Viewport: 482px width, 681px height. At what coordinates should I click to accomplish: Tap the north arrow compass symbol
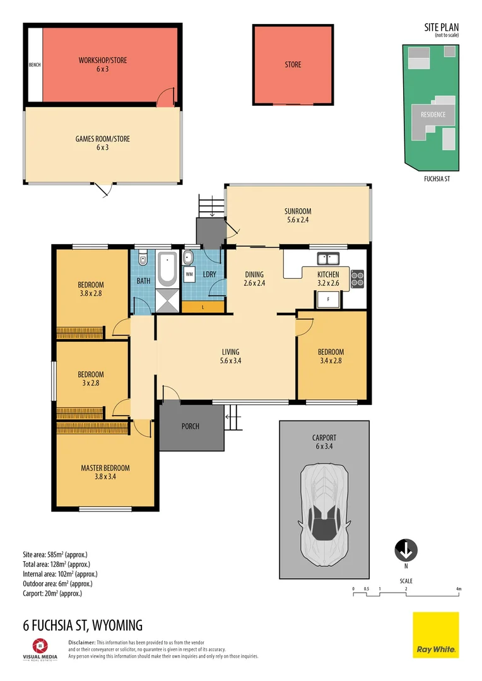click(406, 550)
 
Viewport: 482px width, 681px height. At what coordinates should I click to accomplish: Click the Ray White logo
click(436, 635)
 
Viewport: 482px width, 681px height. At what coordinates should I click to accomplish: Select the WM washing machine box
click(189, 274)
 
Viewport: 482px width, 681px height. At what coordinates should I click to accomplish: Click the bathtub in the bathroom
click(168, 268)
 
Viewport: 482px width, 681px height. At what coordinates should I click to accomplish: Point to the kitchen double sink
click(328, 258)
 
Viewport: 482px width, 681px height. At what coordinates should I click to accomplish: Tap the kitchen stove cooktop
click(358, 278)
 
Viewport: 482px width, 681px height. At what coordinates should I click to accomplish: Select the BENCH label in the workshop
click(34, 64)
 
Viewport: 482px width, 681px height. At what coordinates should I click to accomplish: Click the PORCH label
click(190, 426)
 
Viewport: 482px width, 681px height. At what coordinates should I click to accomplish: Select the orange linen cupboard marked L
click(203, 306)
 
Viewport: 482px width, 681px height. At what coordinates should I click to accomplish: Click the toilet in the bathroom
click(143, 258)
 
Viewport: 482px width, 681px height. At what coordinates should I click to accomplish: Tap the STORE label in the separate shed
click(293, 64)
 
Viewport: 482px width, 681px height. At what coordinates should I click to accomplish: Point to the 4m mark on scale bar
click(459, 590)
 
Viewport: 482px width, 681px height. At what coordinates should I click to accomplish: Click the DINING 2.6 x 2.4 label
click(254, 279)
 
